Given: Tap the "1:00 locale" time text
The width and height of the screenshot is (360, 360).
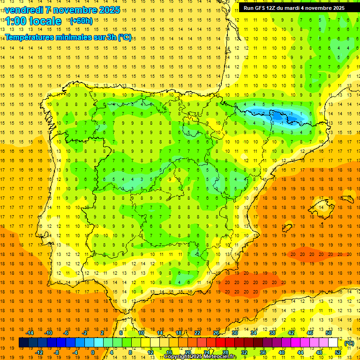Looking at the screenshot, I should point(32,21).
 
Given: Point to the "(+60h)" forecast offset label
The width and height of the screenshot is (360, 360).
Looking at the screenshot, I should point(81,21).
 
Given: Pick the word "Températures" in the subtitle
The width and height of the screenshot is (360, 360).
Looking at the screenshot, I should point(28,37).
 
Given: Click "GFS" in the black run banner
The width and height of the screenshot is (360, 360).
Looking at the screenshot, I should point(263,8).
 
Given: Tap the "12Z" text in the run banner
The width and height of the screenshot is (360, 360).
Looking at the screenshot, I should point(276,8).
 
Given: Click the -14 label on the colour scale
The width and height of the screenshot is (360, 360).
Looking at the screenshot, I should point(30,333).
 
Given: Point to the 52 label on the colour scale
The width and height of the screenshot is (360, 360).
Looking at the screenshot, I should point(338,352).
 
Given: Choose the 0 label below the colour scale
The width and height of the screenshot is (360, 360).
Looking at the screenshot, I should point(93,352).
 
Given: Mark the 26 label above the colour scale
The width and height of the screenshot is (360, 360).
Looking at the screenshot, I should point(216,333).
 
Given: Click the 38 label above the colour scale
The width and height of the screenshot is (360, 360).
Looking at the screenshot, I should point(272,333).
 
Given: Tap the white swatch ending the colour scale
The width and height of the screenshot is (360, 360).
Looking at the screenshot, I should point(333,343).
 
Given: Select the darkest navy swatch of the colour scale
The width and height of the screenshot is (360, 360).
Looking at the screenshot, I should point(23,343).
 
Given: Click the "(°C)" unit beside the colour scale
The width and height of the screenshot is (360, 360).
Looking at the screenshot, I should point(349,343).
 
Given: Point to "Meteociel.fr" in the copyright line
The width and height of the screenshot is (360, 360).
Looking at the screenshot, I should point(217,357).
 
